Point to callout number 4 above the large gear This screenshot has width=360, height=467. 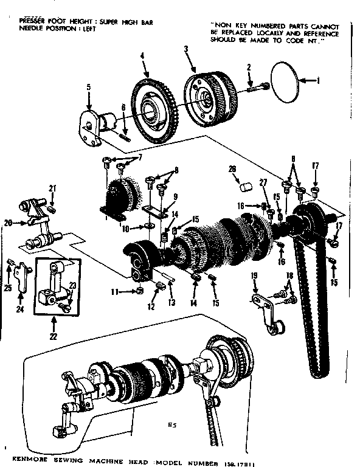[x=142, y=56]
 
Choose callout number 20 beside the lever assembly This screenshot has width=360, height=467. [x=8, y=223]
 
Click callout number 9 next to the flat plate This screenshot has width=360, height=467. [x=175, y=196]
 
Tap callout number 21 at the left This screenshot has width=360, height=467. [x=52, y=187]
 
